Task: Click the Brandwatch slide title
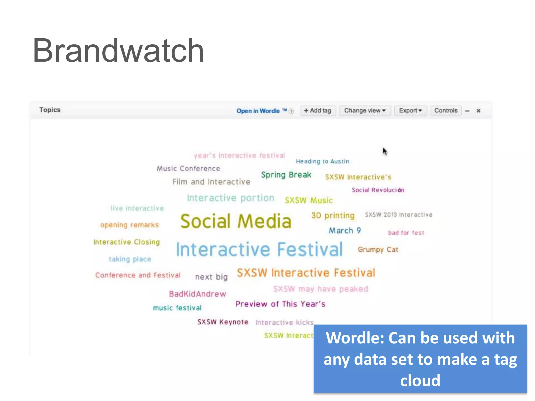pyautogui.click(x=118, y=51)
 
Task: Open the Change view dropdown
pyautogui.click(x=365, y=110)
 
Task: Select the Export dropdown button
pyautogui.click(x=410, y=110)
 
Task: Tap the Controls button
pyautogui.click(x=446, y=110)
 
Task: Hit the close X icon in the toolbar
pyautogui.click(x=478, y=111)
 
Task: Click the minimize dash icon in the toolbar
pyautogui.click(x=467, y=111)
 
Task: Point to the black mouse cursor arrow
pyautogui.click(x=385, y=151)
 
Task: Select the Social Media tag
pyautogui.click(x=236, y=221)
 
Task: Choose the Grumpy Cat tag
pyautogui.click(x=378, y=250)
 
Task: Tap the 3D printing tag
pyautogui.click(x=333, y=216)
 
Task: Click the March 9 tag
pyautogui.click(x=345, y=231)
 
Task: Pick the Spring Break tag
pyautogui.click(x=286, y=175)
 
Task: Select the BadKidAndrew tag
pyautogui.click(x=197, y=294)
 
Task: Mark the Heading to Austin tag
pyautogui.click(x=322, y=161)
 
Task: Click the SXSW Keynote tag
pyautogui.click(x=223, y=322)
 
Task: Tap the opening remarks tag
pyautogui.click(x=129, y=225)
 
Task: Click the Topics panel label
pyautogui.click(x=50, y=110)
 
